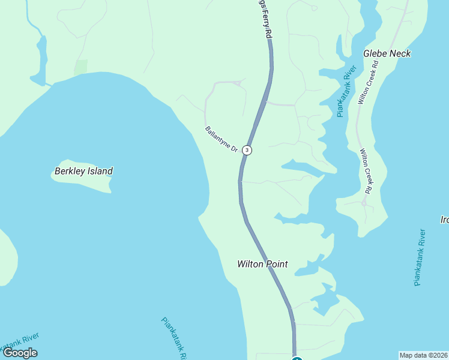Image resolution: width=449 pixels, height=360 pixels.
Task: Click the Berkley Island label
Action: (x=83, y=171)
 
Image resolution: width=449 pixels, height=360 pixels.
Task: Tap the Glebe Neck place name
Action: (x=387, y=53)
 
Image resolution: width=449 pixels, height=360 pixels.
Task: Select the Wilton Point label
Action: (x=262, y=264)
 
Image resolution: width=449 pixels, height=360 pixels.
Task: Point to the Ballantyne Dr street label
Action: (x=221, y=139)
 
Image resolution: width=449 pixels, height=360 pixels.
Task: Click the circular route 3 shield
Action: (x=247, y=150)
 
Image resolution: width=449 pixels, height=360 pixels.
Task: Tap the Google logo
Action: (x=20, y=353)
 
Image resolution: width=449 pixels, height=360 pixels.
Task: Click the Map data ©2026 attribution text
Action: (x=424, y=355)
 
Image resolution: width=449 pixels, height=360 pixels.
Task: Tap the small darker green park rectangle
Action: (x=81, y=67)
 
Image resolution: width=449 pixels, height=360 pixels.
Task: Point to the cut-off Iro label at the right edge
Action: (x=444, y=220)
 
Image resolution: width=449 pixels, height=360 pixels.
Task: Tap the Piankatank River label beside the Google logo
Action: (x=18, y=343)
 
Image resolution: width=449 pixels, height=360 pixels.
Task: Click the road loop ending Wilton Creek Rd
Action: (x=364, y=203)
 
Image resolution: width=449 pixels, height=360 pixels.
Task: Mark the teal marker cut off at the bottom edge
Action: (x=297, y=358)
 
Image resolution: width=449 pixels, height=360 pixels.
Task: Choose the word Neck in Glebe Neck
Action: (x=400, y=53)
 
